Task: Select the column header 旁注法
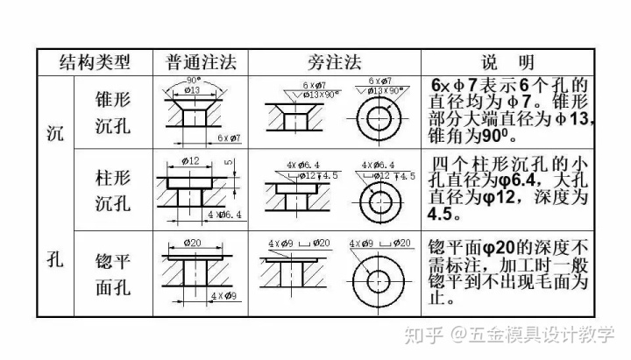coord(336,62)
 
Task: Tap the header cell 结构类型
coord(94,62)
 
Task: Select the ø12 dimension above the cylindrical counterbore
coord(191,160)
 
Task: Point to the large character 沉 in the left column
coord(54,133)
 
